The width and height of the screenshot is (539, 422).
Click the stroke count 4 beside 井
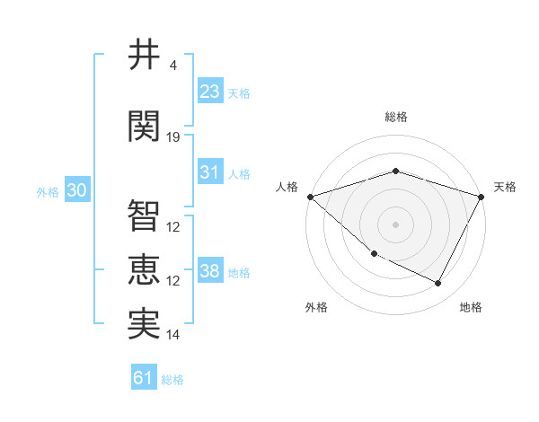click(173, 66)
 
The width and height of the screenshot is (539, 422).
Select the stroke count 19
click(173, 136)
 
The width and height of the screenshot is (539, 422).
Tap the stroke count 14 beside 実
click(173, 335)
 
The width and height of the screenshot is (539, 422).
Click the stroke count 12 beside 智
click(173, 226)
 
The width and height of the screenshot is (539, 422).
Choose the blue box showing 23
click(210, 92)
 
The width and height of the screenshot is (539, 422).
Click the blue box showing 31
click(210, 172)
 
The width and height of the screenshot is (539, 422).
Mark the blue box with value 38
click(210, 271)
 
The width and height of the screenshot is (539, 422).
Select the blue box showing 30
click(76, 191)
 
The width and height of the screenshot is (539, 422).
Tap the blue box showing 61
click(144, 379)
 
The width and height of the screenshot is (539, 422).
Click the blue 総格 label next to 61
click(172, 380)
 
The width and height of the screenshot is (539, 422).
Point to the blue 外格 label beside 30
click(48, 192)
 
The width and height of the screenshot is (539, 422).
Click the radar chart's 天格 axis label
click(506, 187)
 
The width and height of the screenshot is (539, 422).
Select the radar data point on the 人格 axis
click(310, 197)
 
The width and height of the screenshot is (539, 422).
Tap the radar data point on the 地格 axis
click(438, 284)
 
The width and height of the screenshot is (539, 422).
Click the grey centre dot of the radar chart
click(395, 224)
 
